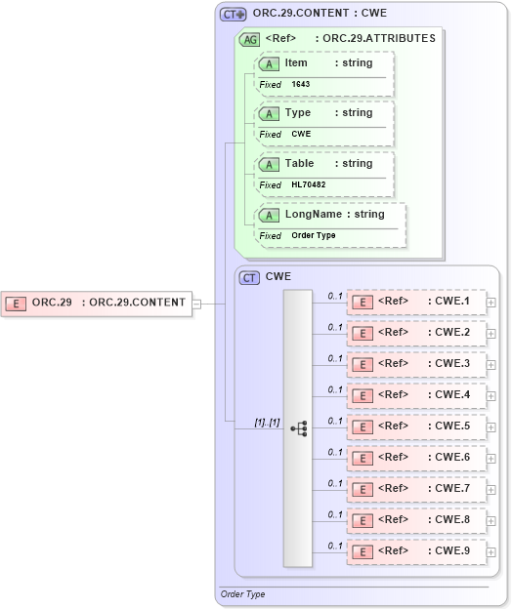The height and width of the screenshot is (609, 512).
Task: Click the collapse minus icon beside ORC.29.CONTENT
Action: click(x=196, y=303)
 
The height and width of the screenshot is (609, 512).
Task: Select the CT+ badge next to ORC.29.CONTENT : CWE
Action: click(x=233, y=15)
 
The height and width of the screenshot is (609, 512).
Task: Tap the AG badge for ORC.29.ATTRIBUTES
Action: click(x=250, y=40)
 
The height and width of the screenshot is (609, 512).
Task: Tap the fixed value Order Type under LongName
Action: click(x=313, y=236)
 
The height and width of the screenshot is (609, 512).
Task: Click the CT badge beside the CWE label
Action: click(x=250, y=277)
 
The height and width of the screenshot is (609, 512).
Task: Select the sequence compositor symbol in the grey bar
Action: click(x=299, y=428)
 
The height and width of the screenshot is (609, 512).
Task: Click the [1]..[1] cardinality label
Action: click(x=267, y=423)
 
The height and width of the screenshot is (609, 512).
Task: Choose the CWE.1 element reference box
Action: click(x=416, y=302)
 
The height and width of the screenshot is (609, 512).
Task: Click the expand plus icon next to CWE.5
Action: click(x=491, y=426)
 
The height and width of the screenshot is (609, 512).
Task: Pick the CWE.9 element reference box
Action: click(x=416, y=551)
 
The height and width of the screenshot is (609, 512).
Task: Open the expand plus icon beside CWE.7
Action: click(x=491, y=489)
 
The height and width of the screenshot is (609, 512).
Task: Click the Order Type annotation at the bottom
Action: click(x=243, y=593)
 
